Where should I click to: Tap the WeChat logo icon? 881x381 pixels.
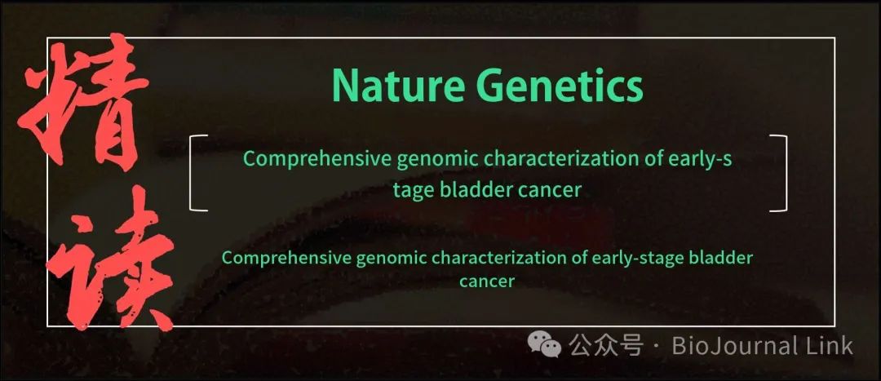(544, 344)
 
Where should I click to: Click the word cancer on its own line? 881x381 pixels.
(486, 281)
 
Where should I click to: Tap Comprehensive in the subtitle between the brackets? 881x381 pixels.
(317, 160)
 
